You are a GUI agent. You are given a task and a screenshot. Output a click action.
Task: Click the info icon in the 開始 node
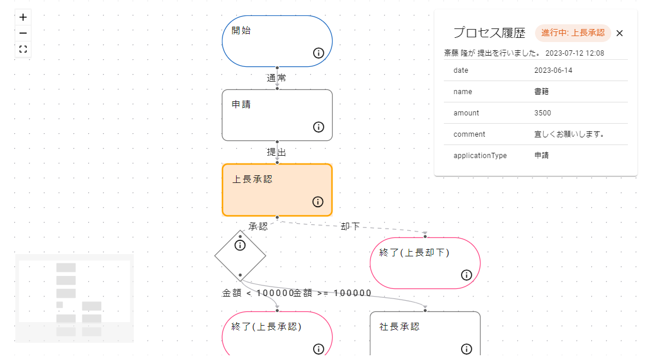pyautogui.click(x=318, y=53)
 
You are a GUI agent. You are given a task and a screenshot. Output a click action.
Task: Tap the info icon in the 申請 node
pyautogui.click(x=318, y=127)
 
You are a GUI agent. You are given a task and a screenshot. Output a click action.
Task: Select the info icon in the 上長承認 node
pyautogui.click(x=318, y=202)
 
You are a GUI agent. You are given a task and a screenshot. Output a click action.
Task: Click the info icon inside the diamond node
pyautogui.click(x=240, y=245)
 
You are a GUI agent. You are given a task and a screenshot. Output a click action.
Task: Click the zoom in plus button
pyautogui.click(x=23, y=17)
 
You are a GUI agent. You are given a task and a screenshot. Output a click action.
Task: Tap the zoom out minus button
pyautogui.click(x=23, y=33)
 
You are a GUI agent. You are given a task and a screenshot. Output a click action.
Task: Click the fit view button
pyautogui.click(x=23, y=49)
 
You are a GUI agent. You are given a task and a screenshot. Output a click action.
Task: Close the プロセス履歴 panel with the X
pyautogui.click(x=620, y=33)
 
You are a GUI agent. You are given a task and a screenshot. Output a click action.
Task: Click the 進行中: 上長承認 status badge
pyautogui.click(x=573, y=33)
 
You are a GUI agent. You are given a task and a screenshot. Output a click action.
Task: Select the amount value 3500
pyautogui.click(x=543, y=113)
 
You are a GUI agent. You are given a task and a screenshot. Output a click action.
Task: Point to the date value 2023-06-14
pyautogui.click(x=553, y=70)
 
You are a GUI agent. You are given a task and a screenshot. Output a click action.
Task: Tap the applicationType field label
pyautogui.click(x=480, y=156)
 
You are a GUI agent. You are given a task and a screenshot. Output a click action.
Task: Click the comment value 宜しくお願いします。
pyautogui.click(x=569, y=134)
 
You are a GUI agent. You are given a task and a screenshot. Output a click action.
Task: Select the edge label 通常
pyautogui.click(x=276, y=78)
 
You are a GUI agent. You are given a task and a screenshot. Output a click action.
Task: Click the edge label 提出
pyautogui.click(x=276, y=152)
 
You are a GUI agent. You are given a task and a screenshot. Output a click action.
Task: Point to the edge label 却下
pyautogui.click(x=350, y=226)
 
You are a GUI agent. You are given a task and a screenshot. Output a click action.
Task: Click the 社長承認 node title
pyautogui.click(x=399, y=327)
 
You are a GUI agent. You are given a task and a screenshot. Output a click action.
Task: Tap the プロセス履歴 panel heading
pyautogui.click(x=489, y=33)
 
